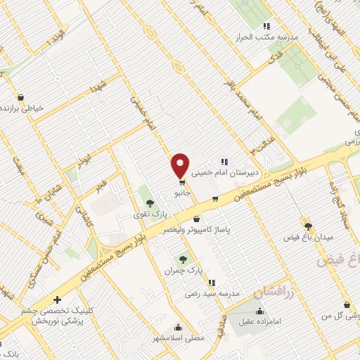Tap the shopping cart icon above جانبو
(x=181, y=183)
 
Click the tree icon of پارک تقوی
(x=149, y=203)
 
